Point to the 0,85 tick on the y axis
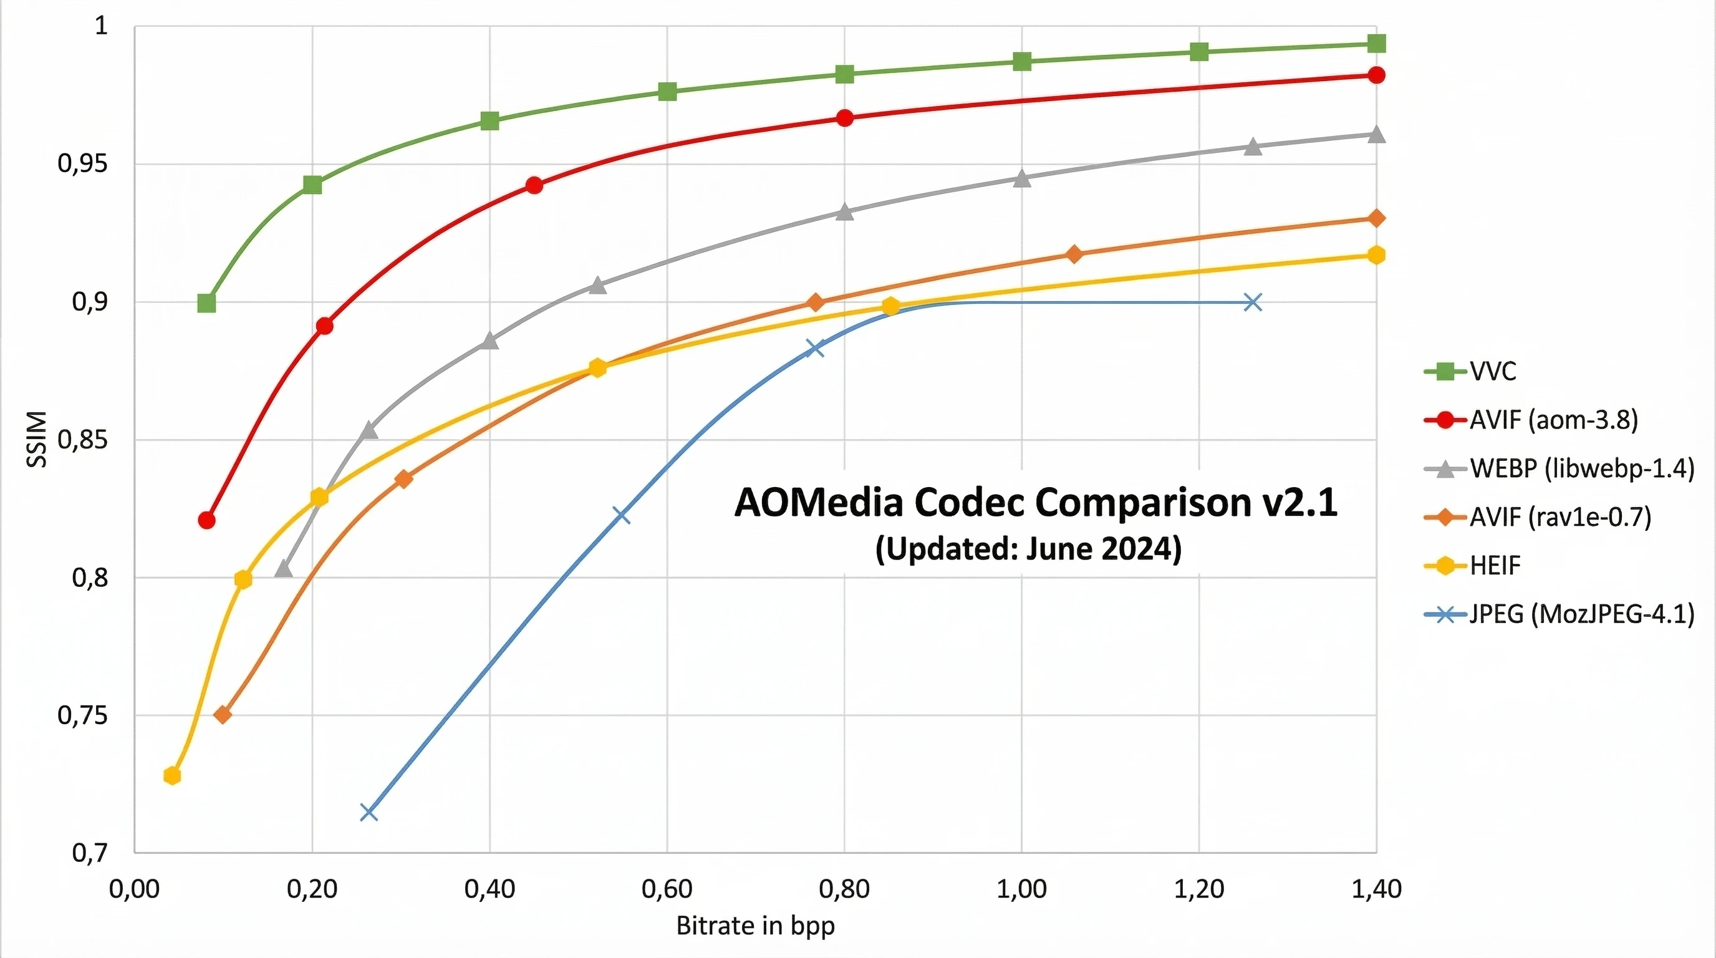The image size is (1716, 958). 82,440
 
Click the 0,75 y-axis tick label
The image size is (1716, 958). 82,715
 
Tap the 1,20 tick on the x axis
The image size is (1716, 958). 1198,889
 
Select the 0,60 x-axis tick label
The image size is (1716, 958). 667,889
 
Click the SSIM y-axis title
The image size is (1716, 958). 37,440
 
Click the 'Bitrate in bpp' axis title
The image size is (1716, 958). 755,926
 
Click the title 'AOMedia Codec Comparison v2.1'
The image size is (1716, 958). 1036,502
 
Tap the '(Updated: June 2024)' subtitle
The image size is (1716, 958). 1028,549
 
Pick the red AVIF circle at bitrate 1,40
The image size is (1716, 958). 1376,75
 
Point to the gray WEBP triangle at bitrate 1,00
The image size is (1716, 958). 1022,178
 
